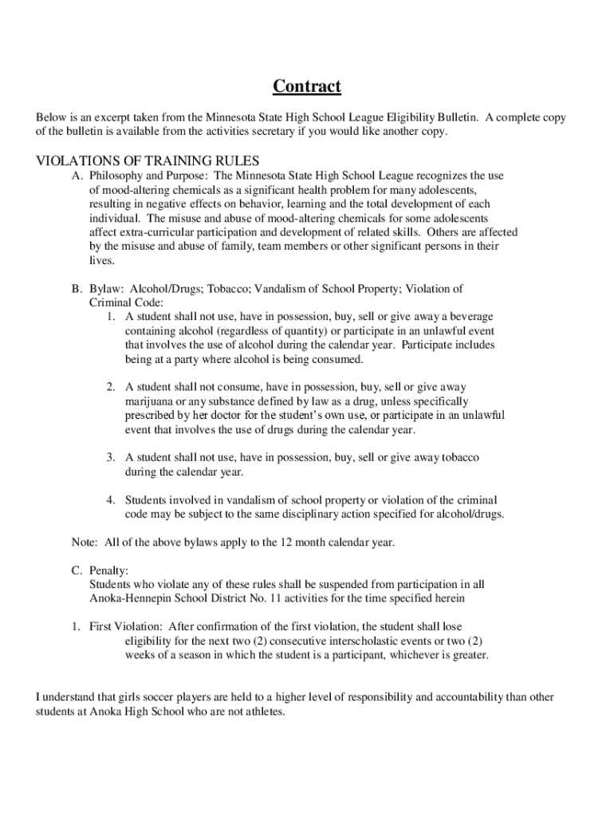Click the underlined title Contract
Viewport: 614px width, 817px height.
[307, 86]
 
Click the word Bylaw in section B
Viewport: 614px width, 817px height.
[105, 289]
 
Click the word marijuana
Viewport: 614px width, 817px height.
[151, 401]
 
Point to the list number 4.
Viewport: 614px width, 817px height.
[111, 499]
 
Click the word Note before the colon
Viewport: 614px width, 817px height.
[84, 543]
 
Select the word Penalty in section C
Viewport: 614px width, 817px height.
[108, 570]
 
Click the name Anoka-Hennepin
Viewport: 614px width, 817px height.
[133, 598]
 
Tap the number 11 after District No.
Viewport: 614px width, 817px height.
[298, 598]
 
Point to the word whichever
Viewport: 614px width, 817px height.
[412, 655]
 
